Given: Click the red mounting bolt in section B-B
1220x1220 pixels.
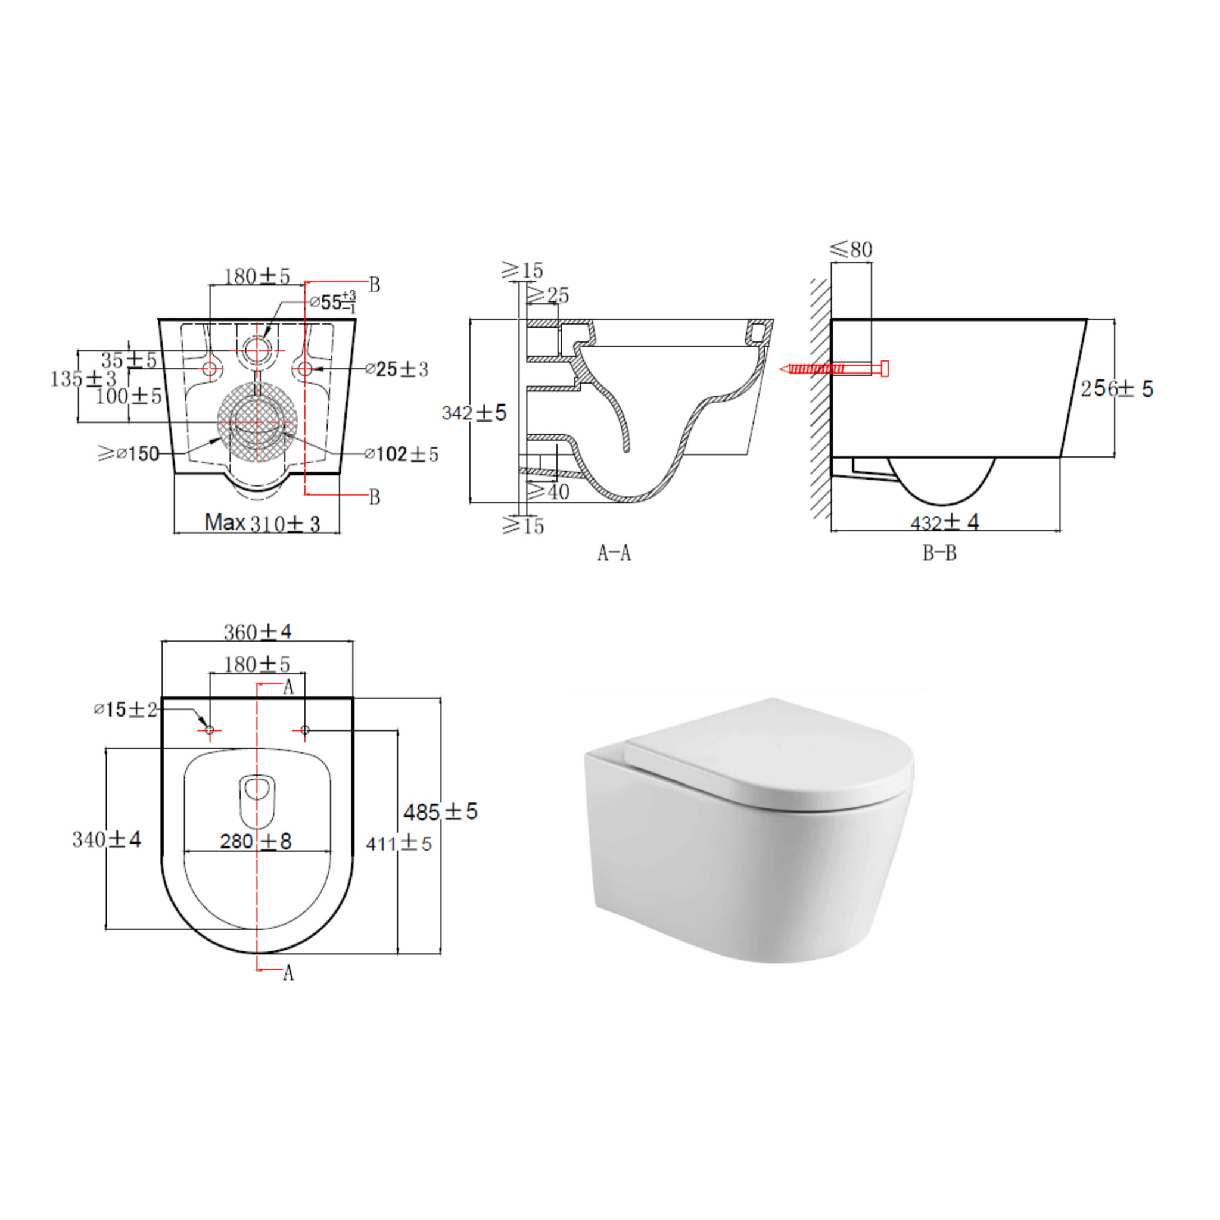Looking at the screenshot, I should tap(835, 369).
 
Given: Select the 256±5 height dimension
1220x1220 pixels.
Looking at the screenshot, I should tap(1116, 388).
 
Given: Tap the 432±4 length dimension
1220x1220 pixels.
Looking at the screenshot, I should tap(944, 522).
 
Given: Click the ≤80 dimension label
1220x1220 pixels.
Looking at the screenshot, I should tap(851, 250).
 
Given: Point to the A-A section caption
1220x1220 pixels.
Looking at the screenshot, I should tap(614, 553).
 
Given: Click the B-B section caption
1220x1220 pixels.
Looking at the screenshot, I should tap(939, 553).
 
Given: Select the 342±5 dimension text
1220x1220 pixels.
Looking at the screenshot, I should tap(474, 413).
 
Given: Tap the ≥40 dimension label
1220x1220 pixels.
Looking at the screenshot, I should tap(548, 491).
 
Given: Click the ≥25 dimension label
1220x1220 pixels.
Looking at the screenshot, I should tap(547, 295).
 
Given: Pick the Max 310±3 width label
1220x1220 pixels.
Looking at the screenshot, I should tap(262, 523).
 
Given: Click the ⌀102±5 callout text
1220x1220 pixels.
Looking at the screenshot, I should tap(401, 454).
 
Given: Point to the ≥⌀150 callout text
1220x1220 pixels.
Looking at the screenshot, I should tap(129, 453).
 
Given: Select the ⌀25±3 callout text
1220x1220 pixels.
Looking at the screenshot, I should tap(397, 369).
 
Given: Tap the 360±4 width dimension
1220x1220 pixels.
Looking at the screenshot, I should tap(257, 631).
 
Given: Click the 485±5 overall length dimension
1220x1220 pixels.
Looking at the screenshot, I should tap(440, 812).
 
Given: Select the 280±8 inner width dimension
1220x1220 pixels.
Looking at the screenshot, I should tap(256, 841).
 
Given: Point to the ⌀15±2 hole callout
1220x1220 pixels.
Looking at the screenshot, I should tap(125, 709).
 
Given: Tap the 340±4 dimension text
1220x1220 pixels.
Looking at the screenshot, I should tap(106, 839).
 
